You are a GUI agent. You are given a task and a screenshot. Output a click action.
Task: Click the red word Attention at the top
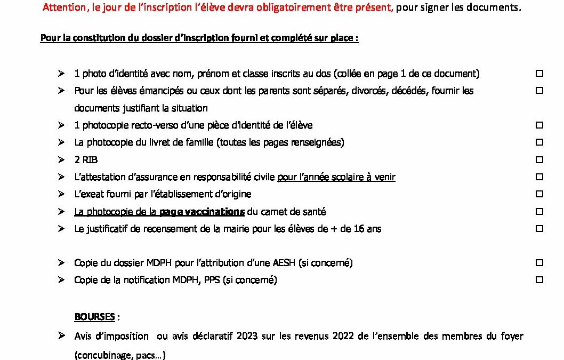point(62,7)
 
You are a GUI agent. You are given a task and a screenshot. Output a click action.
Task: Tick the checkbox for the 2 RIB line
point(539,159)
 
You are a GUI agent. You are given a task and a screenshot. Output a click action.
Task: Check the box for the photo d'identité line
point(539,73)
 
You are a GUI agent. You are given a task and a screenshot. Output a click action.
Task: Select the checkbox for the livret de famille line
point(539,142)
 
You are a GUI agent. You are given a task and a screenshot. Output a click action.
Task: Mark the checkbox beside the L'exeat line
point(539,194)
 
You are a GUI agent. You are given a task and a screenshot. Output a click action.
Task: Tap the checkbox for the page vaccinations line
point(539,211)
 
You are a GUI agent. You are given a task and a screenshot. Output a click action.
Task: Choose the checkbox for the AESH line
point(539,262)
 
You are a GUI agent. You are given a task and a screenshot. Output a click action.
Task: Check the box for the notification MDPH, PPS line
point(539,279)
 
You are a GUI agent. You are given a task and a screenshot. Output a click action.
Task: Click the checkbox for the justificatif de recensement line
point(539,228)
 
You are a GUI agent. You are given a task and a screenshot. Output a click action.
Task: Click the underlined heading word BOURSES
point(94,317)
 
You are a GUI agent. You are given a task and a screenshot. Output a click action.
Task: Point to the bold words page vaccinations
point(202,212)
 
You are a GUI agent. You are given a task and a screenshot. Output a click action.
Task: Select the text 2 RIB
point(86,160)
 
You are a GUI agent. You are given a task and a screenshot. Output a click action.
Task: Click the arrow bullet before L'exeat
point(61,194)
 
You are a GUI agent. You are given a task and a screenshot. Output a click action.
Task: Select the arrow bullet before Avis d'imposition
point(61,335)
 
